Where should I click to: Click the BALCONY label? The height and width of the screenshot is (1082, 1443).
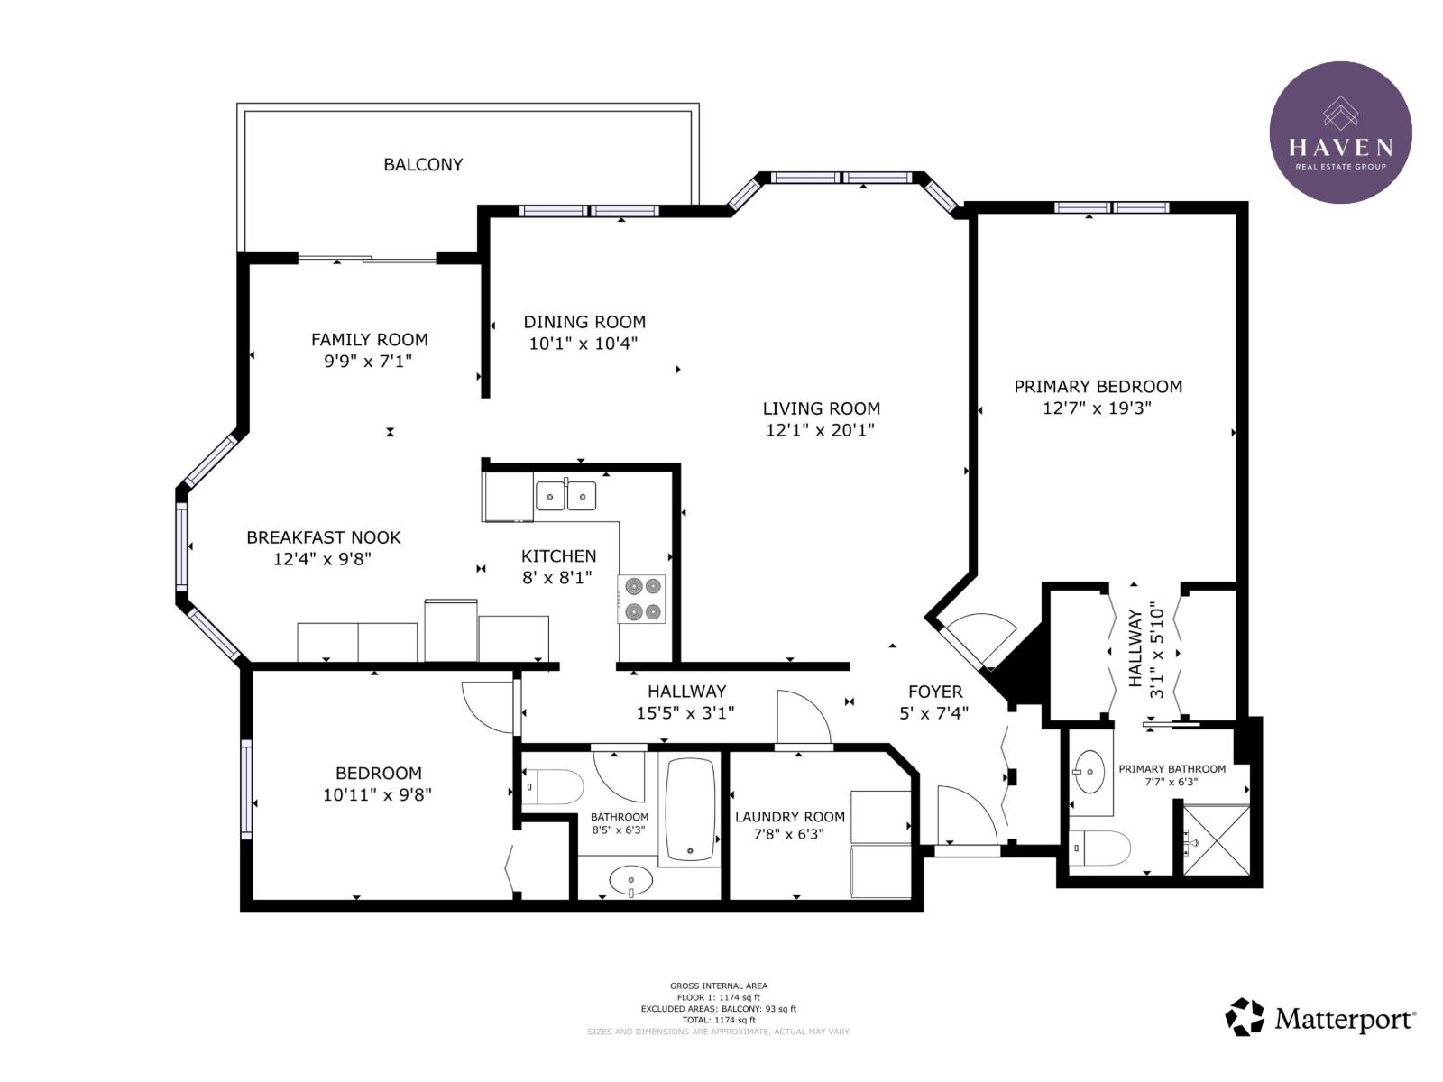[x=423, y=164]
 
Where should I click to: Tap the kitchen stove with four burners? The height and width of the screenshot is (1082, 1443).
[x=641, y=599]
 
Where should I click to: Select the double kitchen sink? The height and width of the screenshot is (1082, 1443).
[x=565, y=495]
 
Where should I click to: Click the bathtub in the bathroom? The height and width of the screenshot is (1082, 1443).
[x=690, y=810]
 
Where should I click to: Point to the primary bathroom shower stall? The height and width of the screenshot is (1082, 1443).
[x=1217, y=840]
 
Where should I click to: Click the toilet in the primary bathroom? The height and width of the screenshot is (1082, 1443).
[x=1099, y=848]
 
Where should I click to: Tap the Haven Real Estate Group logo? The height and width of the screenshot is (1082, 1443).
[x=1340, y=132]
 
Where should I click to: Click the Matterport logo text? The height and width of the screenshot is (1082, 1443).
[x=1345, y=1019]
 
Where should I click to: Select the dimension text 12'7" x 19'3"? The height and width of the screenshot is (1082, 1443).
[x=1098, y=408]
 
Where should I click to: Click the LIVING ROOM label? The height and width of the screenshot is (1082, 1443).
[x=821, y=408]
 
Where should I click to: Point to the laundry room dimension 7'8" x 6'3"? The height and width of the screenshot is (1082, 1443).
[x=789, y=834]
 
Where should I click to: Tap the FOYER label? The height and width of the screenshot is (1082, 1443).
[x=935, y=692]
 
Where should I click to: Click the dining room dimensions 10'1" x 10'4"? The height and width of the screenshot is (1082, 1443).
[x=584, y=343]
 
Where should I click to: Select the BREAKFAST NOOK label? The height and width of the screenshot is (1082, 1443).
[x=324, y=537]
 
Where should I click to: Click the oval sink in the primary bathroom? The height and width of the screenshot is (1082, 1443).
[x=1090, y=772]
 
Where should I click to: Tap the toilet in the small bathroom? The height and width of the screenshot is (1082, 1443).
[x=554, y=786]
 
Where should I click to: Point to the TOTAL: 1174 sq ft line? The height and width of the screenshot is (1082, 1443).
[x=718, y=1021]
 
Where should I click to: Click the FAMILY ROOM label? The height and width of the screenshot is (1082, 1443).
[x=370, y=340]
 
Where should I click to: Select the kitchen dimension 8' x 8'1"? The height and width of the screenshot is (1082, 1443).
[x=557, y=577]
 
